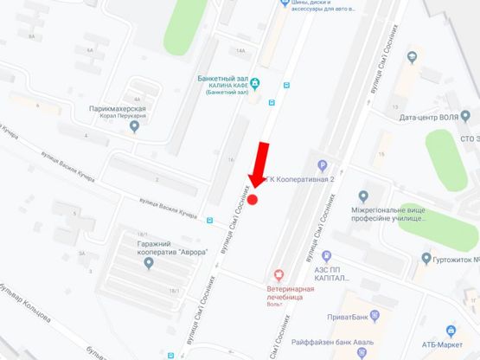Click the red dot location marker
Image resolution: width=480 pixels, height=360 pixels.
coord(253,200)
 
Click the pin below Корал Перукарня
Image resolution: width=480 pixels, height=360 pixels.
coord(132,128)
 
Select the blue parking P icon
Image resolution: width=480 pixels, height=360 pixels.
coord(323,166)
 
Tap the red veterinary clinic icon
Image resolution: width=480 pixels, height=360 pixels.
coord(277,274)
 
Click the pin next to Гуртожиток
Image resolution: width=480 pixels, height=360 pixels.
coord(425,258)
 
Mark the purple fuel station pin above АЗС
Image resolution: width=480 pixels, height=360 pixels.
coord(326,256)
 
